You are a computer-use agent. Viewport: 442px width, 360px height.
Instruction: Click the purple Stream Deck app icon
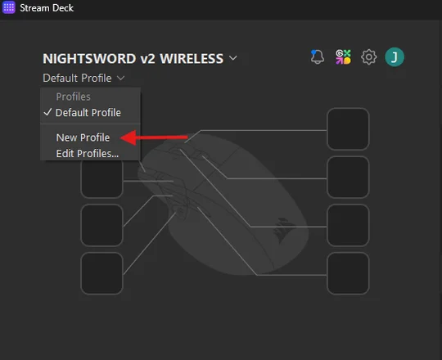(9, 7)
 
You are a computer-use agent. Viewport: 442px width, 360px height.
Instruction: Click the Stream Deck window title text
(47, 8)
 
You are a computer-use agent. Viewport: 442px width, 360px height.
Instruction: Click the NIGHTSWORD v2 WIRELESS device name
(133, 59)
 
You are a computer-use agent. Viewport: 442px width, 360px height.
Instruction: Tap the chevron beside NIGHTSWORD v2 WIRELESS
(233, 58)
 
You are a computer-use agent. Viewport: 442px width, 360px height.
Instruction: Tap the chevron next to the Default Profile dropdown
(120, 78)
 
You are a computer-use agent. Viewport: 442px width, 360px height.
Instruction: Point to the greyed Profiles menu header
(74, 97)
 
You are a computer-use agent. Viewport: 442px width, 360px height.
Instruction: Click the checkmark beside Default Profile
(48, 112)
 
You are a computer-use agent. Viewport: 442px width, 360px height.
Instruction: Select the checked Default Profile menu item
(88, 113)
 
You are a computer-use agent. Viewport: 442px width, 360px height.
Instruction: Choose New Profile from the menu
(83, 137)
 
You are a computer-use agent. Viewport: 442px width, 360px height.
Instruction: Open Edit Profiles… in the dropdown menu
(88, 154)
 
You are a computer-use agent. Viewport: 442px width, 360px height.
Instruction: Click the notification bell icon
(317, 57)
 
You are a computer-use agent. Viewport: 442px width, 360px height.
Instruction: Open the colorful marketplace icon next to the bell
(343, 57)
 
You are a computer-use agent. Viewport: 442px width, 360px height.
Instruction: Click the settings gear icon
(368, 57)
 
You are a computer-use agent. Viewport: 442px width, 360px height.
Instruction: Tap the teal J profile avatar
(395, 57)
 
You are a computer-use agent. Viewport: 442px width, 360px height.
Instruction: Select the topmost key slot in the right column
(348, 128)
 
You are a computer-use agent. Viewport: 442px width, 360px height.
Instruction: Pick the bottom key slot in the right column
(348, 273)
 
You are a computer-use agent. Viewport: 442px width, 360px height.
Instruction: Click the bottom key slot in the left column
(101, 273)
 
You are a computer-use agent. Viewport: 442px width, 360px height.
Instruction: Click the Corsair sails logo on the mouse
(283, 230)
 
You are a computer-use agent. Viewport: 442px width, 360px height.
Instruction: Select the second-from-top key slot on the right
(348, 178)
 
